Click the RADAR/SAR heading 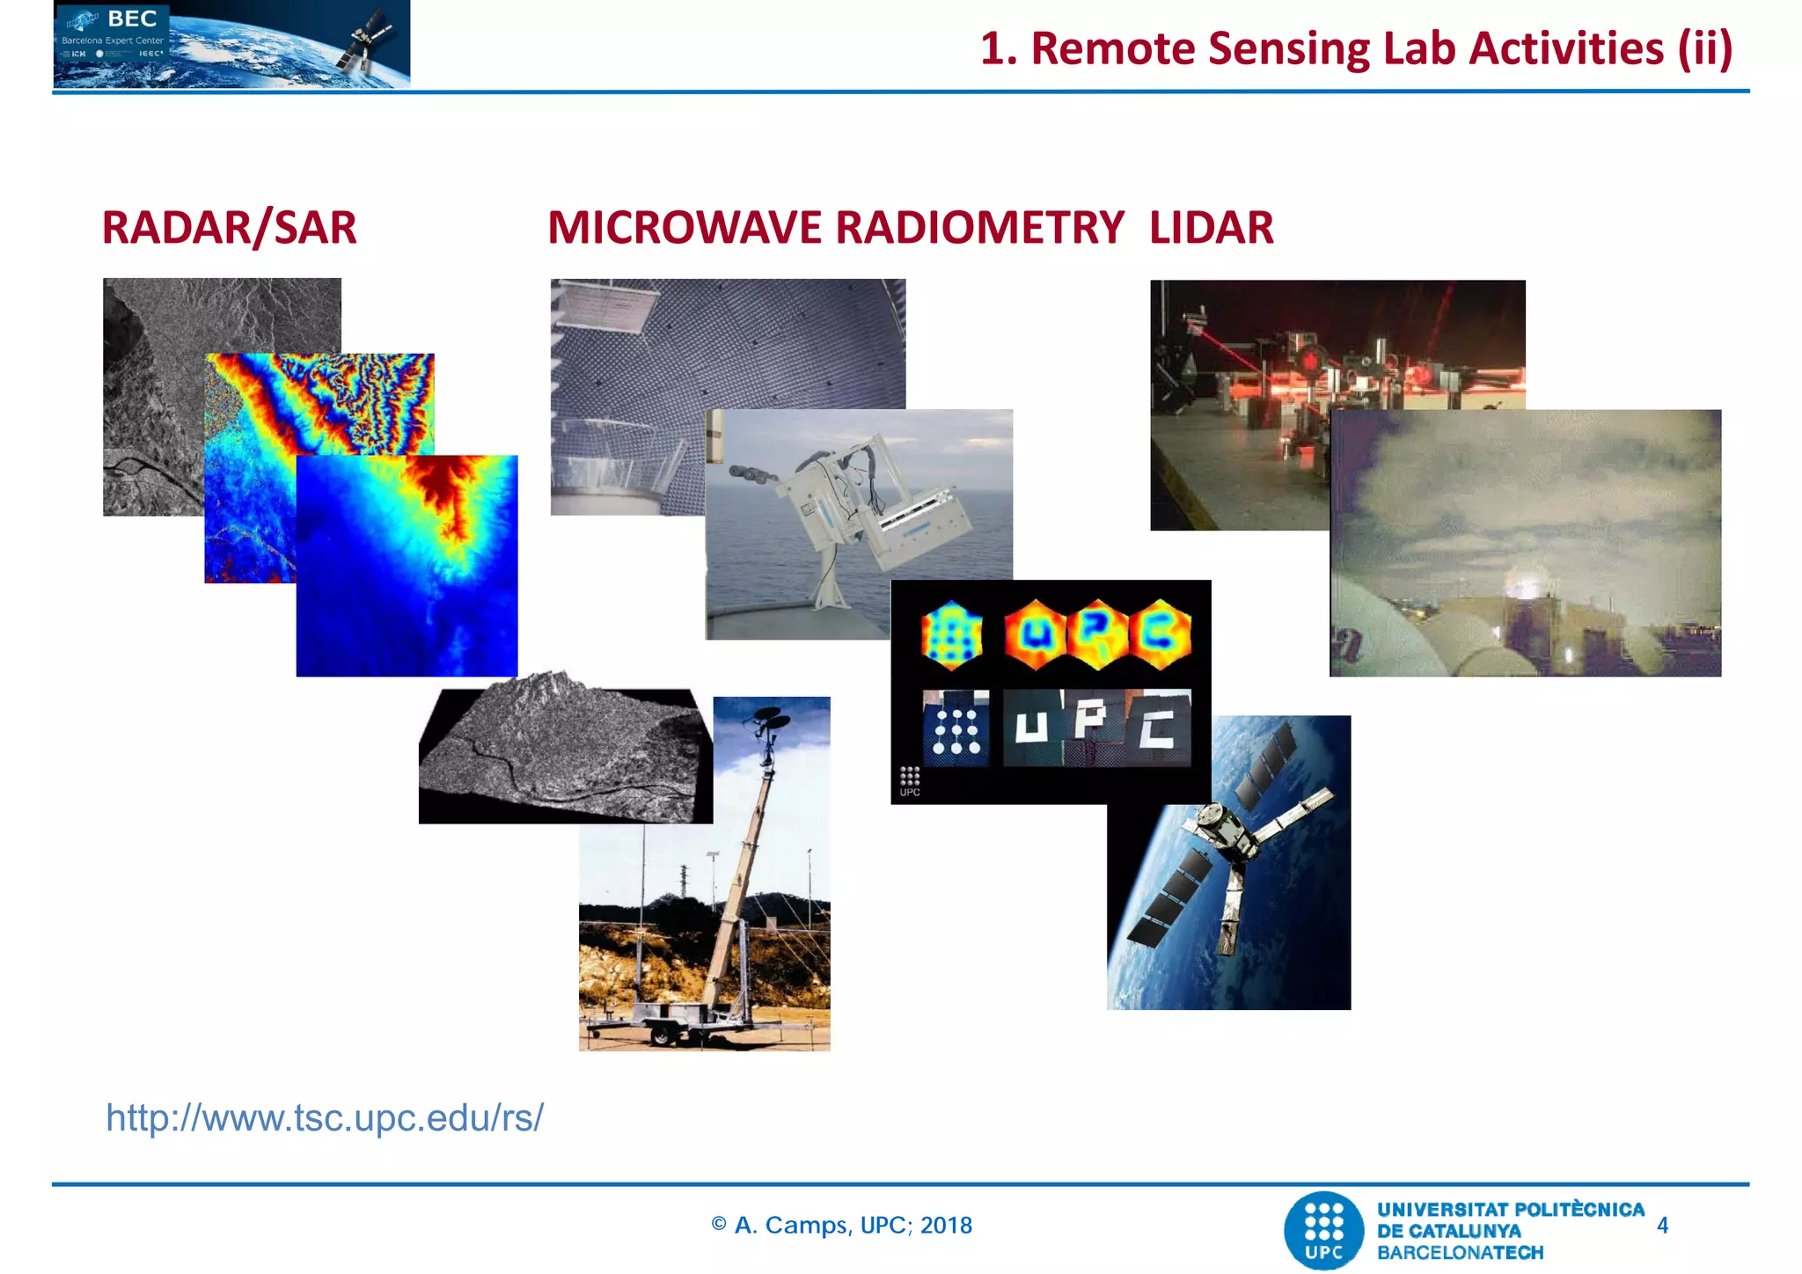pos(229,228)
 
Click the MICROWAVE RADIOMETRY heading pos(835,228)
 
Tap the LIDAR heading pos(1211,228)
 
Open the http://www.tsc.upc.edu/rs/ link pos(324,1118)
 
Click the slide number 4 pos(1662,1226)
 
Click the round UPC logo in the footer pos(1324,1230)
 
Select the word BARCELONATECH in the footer pos(1460,1253)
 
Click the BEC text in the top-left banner pos(132,18)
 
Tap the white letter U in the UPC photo pos(1032,727)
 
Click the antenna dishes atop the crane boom pos(767,720)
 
